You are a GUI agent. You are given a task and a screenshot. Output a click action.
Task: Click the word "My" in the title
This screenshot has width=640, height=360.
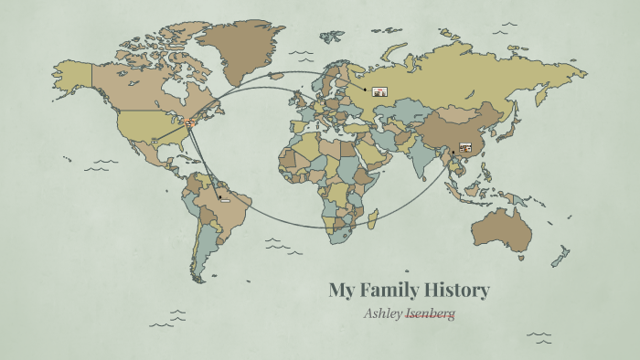point(342,291)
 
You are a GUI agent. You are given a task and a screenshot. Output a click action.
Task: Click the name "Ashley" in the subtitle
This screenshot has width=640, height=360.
point(383,313)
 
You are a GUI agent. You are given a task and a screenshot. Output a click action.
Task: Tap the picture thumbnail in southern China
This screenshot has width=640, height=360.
point(465,146)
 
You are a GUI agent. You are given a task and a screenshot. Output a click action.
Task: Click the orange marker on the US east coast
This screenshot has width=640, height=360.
point(191,121)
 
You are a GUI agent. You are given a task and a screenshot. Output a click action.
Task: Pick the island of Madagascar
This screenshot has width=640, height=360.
point(373,218)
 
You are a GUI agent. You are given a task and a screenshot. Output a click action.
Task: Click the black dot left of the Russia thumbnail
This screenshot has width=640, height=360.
point(365,90)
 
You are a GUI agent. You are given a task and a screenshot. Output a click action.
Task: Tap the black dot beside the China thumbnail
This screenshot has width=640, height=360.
point(452,153)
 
